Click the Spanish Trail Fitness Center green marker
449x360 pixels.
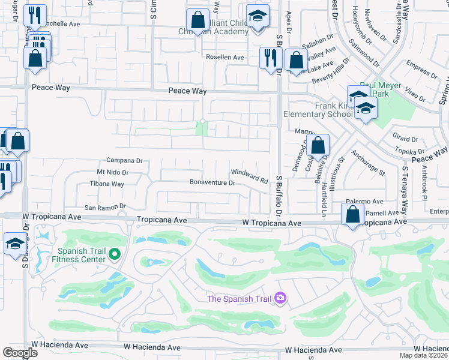115,256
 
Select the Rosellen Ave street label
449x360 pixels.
225,58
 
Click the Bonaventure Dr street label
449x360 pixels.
212,182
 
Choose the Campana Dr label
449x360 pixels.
124,161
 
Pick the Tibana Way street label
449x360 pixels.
107,184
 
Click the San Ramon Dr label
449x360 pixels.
104,207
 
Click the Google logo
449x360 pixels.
20,353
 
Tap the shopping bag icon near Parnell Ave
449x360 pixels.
352,214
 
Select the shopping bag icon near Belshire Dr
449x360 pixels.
319,145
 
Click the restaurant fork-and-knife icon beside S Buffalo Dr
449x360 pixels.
271,58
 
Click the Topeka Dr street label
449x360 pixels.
414,152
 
